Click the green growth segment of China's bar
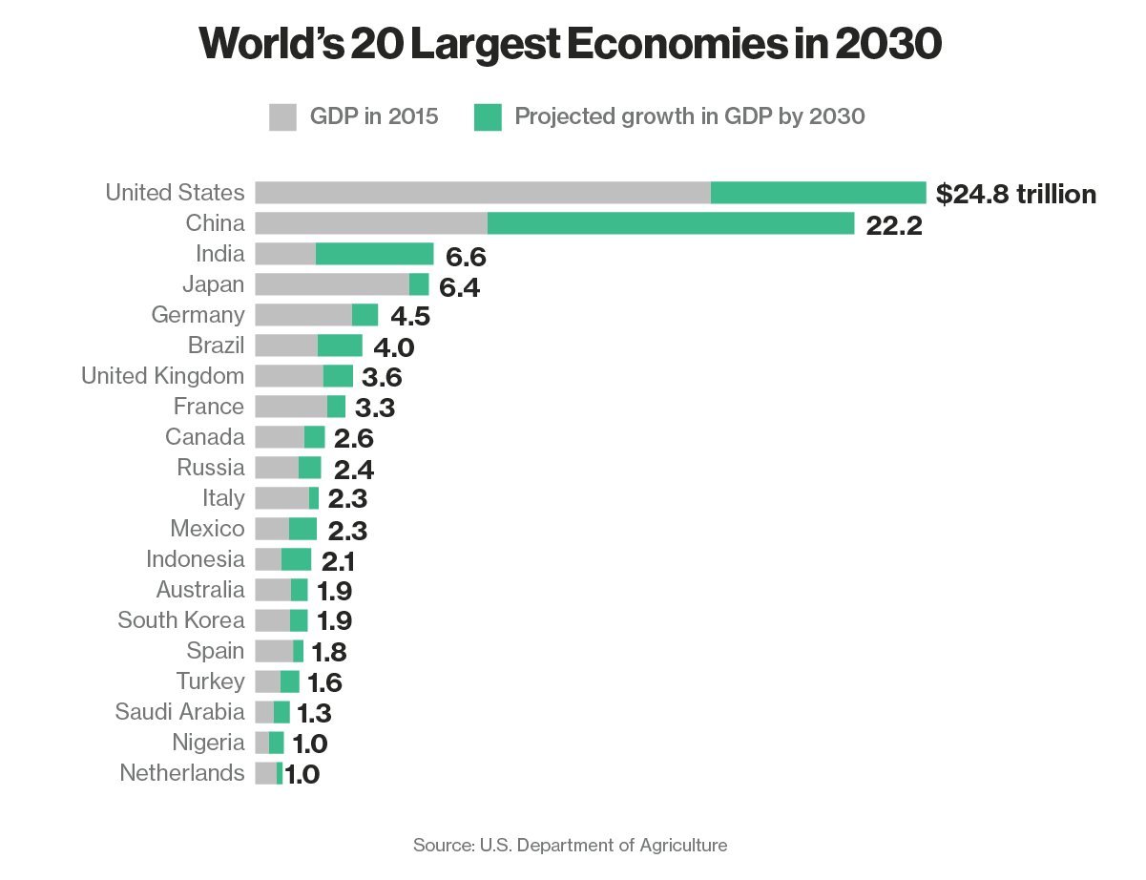click(671, 223)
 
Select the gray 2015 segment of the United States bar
click(483, 193)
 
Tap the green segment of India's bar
click(375, 254)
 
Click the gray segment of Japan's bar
click(332, 284)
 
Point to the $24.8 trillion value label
click(1015, 195)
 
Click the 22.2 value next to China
click(894, 225)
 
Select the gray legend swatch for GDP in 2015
click(283, 117)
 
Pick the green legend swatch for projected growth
click(487, 117)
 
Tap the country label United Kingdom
click(163, 376)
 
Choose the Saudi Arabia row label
click(179, 712)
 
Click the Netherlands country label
click(182, 773)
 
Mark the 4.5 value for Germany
click(410, 317)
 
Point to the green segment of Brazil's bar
click(340, 346)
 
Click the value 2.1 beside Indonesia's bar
click(337, 561)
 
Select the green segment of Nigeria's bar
click(277, 743)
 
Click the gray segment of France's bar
click(291, 407)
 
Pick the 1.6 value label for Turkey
click(324, 683)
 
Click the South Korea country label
click(181, 620)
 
